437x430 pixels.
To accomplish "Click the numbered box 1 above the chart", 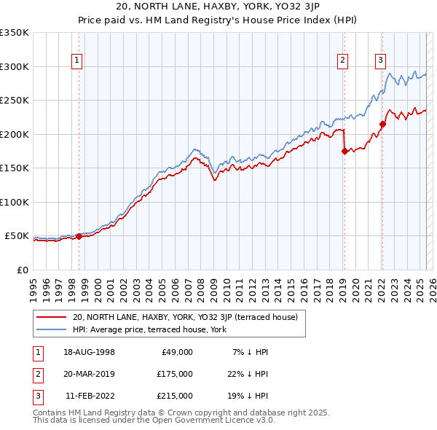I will pyautogui.click(x=77, y=60).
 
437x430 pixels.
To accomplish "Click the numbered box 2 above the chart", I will pyautogui.click(x=343, y=60).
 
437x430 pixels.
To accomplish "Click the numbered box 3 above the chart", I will pyautogui.click(x=380, y=60).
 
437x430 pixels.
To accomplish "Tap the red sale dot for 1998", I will pyautogui.click(x=79, y=236).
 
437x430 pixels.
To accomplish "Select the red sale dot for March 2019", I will pyautogui.click(x=344, y=152).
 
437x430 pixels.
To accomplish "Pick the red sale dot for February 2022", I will pyautogui.click(x=382, y=124).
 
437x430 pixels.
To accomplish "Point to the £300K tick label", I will pyautogui.click(x=15, y=66).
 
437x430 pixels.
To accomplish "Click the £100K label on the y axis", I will pyautogui.click(x=15, y=202).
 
